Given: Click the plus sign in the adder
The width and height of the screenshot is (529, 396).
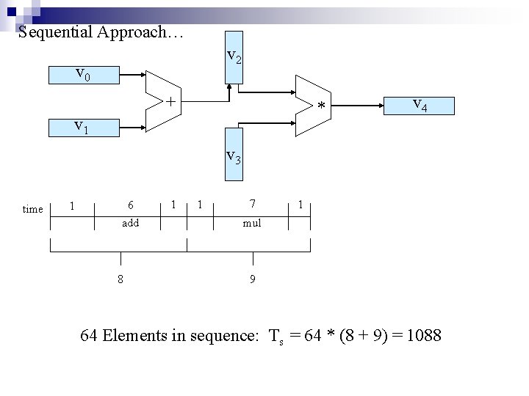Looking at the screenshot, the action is pos(170,100).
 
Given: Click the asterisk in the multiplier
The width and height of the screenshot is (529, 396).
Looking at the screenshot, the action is pos(320,108).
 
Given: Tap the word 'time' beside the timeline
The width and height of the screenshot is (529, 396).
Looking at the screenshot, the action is pos(33,209).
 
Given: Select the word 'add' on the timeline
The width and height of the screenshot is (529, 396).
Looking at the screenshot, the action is pos(130,222).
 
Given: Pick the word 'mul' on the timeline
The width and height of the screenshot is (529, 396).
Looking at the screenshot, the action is pos(252,222).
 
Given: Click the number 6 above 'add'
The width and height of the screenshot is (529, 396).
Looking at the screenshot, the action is pos(130,205).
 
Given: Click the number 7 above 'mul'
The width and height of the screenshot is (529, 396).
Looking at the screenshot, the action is pos(252,203).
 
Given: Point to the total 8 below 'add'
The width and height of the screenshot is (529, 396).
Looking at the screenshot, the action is pos(120,279).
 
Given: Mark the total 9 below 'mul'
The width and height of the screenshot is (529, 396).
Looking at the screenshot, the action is pos(253,279).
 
